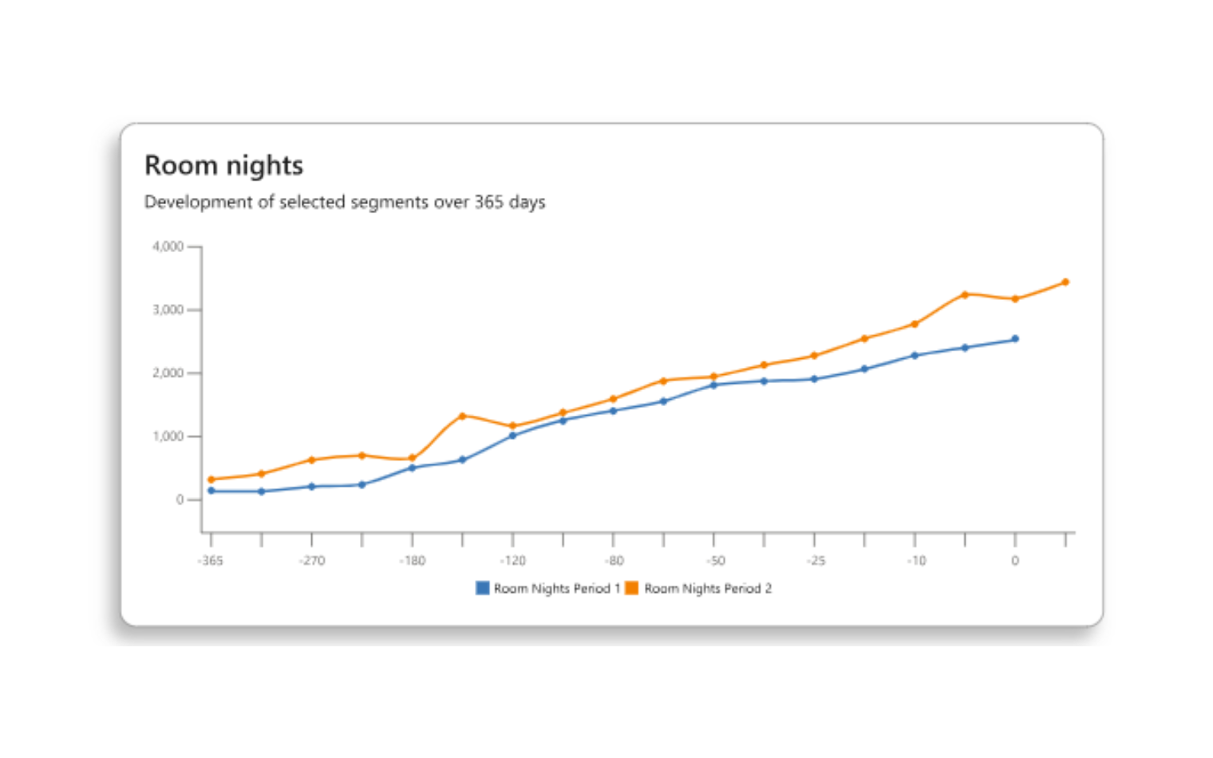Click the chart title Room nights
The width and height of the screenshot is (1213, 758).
tap(223, 165)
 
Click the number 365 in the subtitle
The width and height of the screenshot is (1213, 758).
tap(488, 202)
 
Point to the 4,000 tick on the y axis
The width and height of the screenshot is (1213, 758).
tap(168, 247)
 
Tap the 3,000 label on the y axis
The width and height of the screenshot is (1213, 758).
tap(168, 310)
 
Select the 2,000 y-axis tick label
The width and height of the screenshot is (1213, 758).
tap(168, 373)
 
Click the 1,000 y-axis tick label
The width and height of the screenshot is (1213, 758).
tap(168, 436)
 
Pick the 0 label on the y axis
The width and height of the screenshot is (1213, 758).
tap(180, 499)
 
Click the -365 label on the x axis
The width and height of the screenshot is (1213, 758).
tap(211, 561)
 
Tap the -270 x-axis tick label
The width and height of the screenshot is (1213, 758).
tap(312, 561)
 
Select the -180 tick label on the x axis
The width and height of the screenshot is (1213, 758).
tap(413, 561)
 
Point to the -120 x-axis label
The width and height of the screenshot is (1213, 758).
tap(512, 561)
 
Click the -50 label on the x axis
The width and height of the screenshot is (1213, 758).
tap(715, 561)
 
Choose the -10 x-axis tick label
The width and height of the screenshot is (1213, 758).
tap(916, 561)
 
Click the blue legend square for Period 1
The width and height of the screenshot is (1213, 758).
tap(483, 588)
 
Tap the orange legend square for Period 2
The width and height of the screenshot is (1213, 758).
tap(632, 588)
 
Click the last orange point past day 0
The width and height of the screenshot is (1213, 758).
tap(1065, 282)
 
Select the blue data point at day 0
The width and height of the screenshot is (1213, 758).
tap(1015, 339)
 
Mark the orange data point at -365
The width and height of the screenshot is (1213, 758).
tap(211, 480)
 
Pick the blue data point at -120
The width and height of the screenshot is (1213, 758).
tap(512, 436)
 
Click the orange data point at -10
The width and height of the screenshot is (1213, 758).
tap(915, 324)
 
